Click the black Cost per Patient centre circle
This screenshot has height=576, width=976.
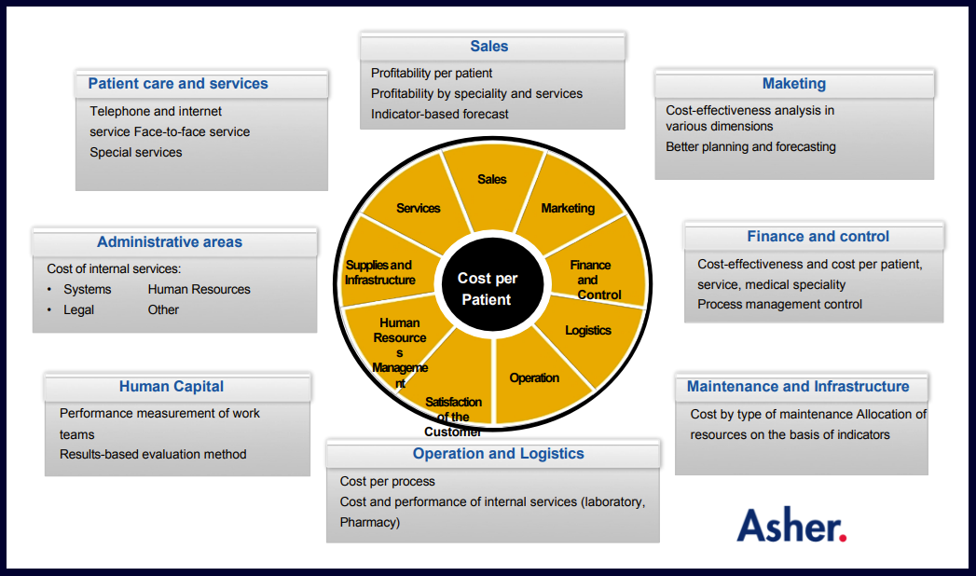tap(488, 289)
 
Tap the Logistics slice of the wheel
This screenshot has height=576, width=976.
tap(588, 331)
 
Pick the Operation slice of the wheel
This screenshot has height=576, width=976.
tap(534, 378)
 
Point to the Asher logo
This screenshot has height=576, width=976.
tap(791, 526)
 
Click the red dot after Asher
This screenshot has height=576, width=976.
tap(843, 537)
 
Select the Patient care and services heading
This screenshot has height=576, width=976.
tap(178, 84)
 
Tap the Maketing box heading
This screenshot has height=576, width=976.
tap(794, 84)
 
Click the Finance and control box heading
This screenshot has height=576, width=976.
tap(818, 237)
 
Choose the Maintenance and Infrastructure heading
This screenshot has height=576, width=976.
tap(798, 387)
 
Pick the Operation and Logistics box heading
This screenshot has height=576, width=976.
tap(498, 454)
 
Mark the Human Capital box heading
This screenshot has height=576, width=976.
tap(172, 387)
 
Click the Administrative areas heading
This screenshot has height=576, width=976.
tap(170, 242)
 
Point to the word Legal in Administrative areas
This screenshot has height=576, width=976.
tap(78, 309)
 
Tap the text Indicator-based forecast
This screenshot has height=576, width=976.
tap(440, 114)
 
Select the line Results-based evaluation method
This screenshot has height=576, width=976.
tap(153, 454)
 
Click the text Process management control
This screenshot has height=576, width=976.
tap(779, 304)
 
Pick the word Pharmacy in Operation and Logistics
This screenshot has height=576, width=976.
tap(370, 522)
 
